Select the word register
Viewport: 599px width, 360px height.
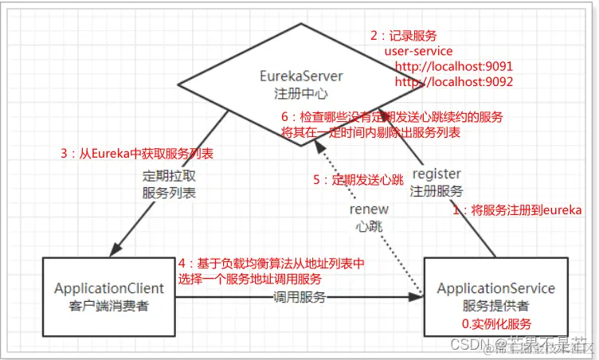coord(436,173)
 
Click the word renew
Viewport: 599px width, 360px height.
coord(369,209)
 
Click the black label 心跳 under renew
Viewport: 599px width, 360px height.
coord(369,226)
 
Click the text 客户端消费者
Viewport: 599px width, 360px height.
coord(108,306)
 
